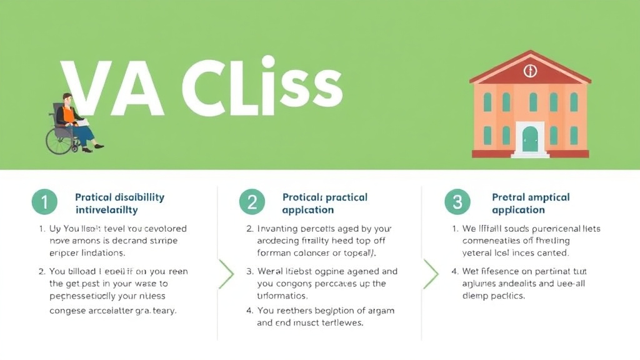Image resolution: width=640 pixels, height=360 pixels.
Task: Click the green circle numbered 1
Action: pos(44,202)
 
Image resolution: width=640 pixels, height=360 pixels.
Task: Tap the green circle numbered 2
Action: pos(252,202)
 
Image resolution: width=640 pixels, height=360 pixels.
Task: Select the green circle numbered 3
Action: pos(457,202)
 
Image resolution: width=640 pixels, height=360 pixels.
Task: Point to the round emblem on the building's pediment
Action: pos(530,71)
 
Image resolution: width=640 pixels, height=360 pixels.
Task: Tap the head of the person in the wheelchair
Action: pos(67,99)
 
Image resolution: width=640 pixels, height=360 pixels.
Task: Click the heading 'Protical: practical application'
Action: pos(325,203)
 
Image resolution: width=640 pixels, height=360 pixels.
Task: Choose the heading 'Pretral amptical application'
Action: pos(531,203)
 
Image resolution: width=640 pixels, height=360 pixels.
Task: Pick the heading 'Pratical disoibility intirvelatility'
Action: pos(119,203)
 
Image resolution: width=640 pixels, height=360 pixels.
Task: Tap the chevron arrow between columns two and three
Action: pos(431,273)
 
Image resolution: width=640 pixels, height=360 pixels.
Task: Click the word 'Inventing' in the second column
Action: pos(279,229)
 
